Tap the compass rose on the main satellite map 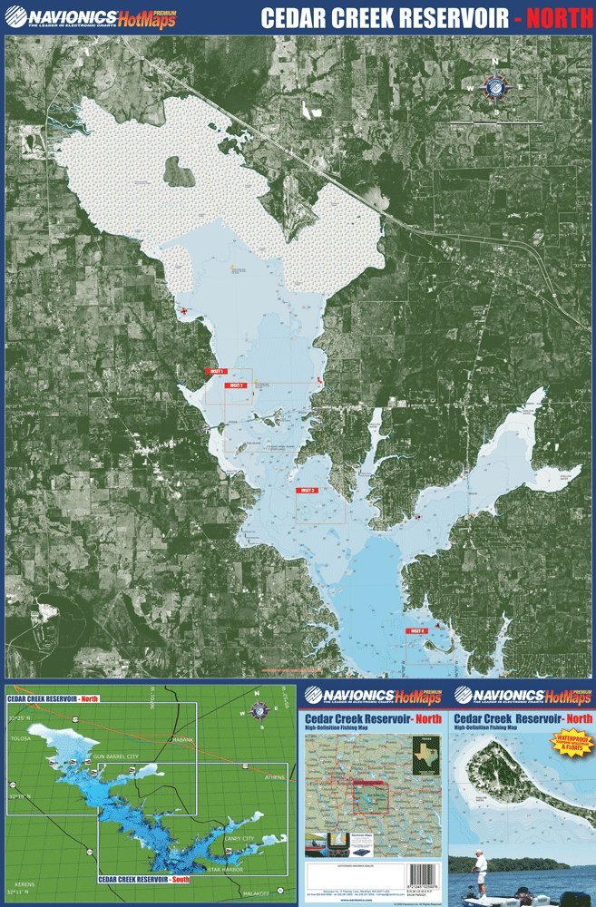click(495, 87)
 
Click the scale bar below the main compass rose click(496, 122)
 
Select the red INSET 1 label click(216, 372)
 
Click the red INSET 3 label click(308, 490)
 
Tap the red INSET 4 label click(416, 630)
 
